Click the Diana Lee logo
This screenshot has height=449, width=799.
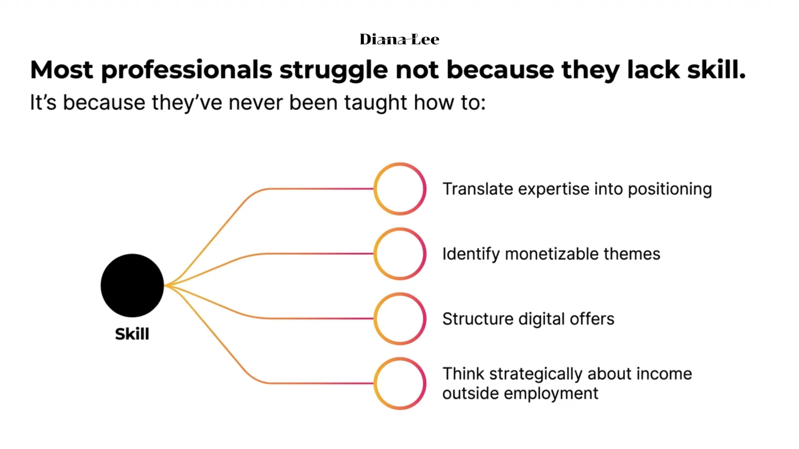[399, 39]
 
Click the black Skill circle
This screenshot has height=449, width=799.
[132, 286]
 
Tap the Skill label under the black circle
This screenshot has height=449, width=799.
[132, 334]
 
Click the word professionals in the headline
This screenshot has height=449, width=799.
[187, 70]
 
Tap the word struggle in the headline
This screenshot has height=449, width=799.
[334, 70]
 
